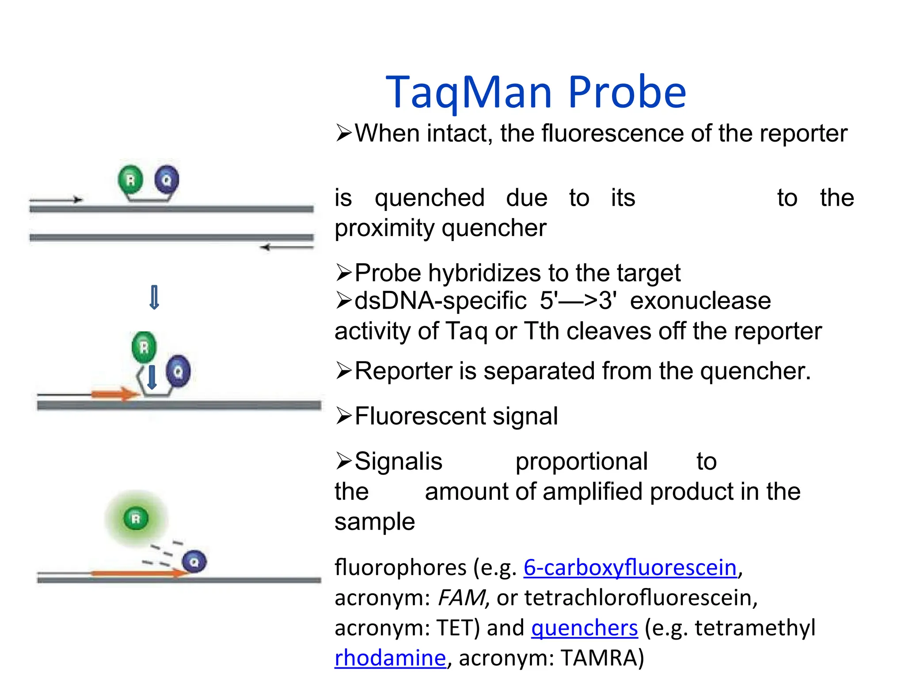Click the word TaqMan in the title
click(x=469, y=93)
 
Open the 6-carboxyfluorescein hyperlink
click(x=630, y=568)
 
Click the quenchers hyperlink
click(x=584, y=628)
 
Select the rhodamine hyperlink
click(x=390, y=658)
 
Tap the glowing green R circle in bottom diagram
click(x=136, y=519)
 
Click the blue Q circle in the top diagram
click(x=167, y=180)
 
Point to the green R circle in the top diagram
click(x=130, y=180)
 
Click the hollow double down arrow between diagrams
click(x=154, y=298)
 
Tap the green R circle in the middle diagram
click(x=144, y=347)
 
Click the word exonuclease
click(x=700, y=301)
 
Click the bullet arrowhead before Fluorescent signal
click(x=344, y=416)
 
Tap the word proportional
click(x=581, y=462)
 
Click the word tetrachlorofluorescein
click(x=640, y=598)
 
